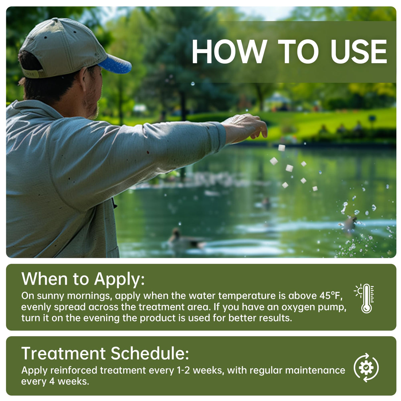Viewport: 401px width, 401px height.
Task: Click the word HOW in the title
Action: click(229, 52)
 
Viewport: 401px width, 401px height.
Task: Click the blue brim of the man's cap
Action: click(115, 64)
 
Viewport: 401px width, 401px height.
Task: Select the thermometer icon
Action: click(366, 298)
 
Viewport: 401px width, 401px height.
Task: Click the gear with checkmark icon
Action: click(366, 368)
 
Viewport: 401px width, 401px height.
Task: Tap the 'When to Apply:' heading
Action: click(83, 279)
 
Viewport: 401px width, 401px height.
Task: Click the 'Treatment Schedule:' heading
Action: click(105, 353)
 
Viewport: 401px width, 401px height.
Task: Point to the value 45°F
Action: click(333, 296)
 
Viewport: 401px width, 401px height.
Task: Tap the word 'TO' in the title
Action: click(298, 52)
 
